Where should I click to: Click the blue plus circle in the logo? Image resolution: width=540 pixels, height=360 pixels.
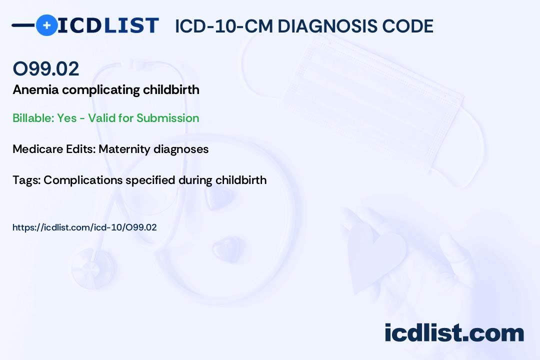tap(46, 25)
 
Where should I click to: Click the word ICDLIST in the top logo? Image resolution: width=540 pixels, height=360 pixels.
tap(108, 25)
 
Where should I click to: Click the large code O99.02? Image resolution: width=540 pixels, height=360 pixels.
tap(46, 68)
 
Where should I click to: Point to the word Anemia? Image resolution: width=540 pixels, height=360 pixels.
tap(36, 89)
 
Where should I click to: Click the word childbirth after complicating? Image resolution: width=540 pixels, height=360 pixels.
tap(171, 89)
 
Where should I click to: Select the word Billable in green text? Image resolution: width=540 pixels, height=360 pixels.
tap(33, 118)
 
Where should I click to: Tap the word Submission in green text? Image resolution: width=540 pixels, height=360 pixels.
tap(167, 118)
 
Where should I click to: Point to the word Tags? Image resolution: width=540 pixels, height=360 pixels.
tap(26, 180)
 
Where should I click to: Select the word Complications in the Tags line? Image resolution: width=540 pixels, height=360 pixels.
tap(83, 180)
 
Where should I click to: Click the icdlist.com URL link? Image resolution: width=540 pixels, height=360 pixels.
tap(84, 227)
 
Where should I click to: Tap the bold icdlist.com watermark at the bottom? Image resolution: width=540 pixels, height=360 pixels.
tap(454, 332)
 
